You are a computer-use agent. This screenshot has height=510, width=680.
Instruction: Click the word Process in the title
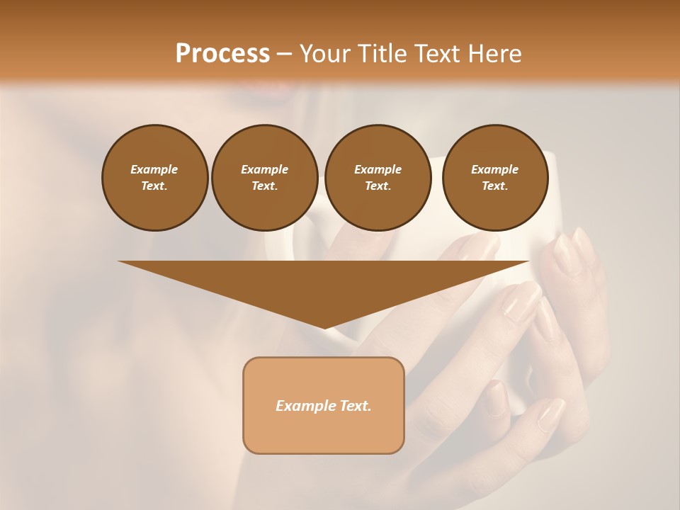pos(222,54)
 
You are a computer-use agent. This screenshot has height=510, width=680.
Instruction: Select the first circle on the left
pos(154,177)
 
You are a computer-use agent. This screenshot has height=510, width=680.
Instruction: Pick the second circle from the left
pos(264,177)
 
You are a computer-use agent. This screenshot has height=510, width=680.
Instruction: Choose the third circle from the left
pos(378,177)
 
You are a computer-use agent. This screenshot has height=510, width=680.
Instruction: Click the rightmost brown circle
pos(495,177)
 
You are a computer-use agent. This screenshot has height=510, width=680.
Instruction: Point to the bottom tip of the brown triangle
pos(324,328)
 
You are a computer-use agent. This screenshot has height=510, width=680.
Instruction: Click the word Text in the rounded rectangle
pos(355,406)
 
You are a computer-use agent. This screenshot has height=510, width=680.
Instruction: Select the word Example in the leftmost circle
pos(154,169)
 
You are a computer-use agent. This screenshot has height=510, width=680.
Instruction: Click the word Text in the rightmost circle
pos(495,186)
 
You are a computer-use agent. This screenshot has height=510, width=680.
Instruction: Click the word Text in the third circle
pos(378,186)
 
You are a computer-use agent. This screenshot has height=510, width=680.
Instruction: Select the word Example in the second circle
pos(264,169)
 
